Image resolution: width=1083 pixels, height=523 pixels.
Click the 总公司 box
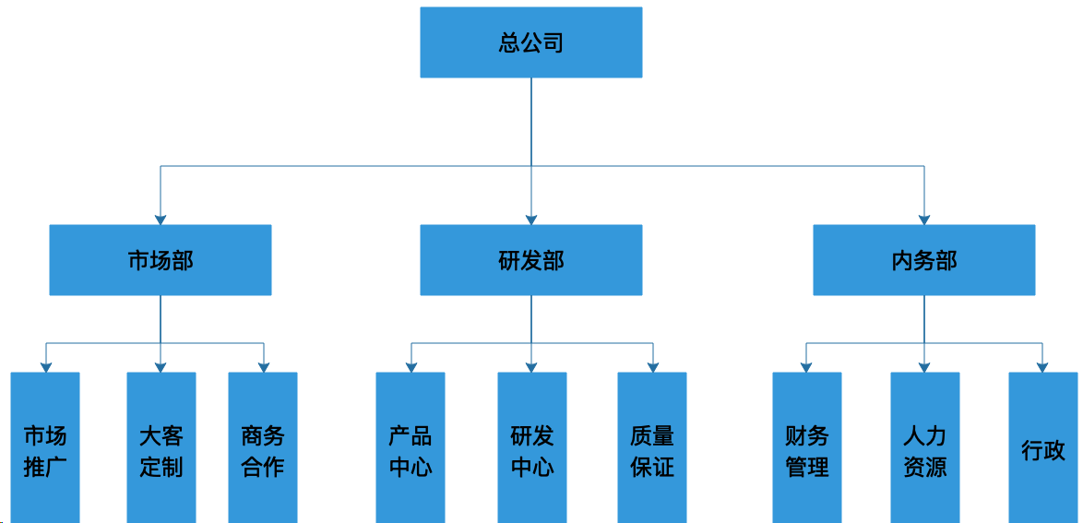tap(531, 42)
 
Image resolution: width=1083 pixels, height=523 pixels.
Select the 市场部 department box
tap(161, 260)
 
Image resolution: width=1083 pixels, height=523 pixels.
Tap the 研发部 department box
tap(531, 260)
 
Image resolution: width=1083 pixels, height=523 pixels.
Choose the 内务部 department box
tap(924, 260)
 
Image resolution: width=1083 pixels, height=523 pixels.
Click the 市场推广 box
tap(45, 447)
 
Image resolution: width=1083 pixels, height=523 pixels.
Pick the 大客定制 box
tap(161, 447)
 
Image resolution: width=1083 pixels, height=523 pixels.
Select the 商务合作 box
tap(263, 447)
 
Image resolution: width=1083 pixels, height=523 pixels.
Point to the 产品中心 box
tap(411, 447)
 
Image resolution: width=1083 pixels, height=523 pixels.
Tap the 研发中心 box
tap(532, 447)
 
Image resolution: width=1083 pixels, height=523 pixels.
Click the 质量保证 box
tap(652, 447)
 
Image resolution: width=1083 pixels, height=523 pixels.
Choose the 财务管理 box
tap(807, 447)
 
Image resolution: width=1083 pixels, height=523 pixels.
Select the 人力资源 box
tap(925, 447)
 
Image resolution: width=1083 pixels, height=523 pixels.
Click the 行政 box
tap(1043, 447)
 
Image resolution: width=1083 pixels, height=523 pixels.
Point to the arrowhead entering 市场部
tap(161, 219)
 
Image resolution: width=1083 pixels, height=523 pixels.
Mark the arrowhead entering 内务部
tap(924, 219)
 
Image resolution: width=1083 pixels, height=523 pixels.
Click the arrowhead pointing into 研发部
tap(531, 219)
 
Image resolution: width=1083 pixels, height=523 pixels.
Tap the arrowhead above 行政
tap(1043, 367)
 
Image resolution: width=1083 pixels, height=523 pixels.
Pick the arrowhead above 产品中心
tap(411, 367)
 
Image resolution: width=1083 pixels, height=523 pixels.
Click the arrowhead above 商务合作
tap(263, 367)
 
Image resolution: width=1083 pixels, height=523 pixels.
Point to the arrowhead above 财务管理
tap(807, 367)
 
